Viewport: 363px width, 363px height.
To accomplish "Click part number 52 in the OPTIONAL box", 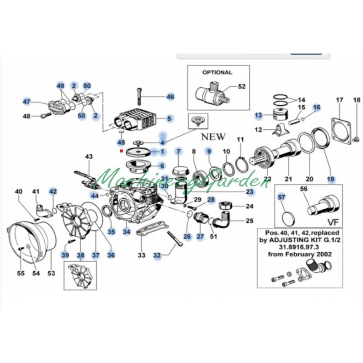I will [x=241, y=86].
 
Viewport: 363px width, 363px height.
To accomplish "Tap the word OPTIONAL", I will [x=217, y=72].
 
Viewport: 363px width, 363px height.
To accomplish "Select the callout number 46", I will [x=170, y=97].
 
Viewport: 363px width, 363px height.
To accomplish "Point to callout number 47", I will [x=27, y=102].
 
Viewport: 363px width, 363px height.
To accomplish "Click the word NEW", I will [x=213, y=136].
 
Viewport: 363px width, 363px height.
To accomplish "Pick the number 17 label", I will [x=339, y=100].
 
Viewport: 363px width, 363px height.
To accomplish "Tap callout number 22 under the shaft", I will [x=268, y=178].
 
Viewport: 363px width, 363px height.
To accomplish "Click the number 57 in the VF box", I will [x=282, y=197].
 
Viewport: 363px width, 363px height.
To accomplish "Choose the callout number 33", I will [x=142, y=255].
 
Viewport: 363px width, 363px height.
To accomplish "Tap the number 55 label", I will [x=21, y=273].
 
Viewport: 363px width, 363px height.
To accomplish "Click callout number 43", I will [x=89, y=157].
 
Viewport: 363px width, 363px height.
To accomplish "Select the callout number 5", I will [x=169, y=119].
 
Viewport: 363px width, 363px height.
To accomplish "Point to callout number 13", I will [x=258, y=116].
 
